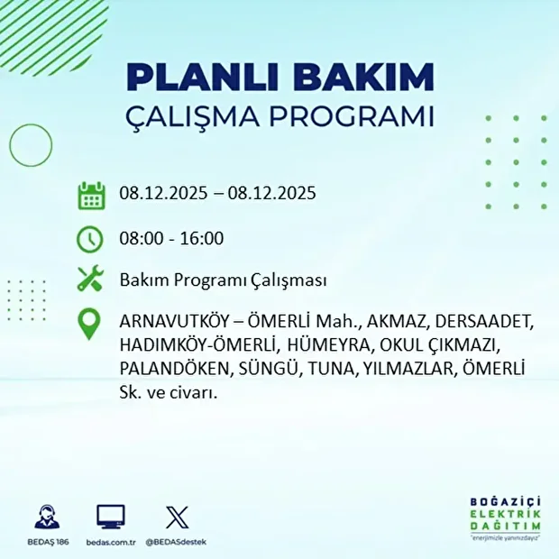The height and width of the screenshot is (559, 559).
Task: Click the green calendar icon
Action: [91, 195]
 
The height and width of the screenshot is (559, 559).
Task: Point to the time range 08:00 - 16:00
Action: [171, 239]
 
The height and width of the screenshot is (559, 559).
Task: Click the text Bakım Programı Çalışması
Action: [222, 281]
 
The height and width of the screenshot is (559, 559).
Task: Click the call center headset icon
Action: [47, 517]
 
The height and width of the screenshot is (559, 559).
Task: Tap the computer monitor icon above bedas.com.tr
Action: [111, 517]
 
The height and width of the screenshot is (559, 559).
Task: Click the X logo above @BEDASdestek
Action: [176, 517]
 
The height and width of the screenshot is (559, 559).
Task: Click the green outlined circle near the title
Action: [31, 143]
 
